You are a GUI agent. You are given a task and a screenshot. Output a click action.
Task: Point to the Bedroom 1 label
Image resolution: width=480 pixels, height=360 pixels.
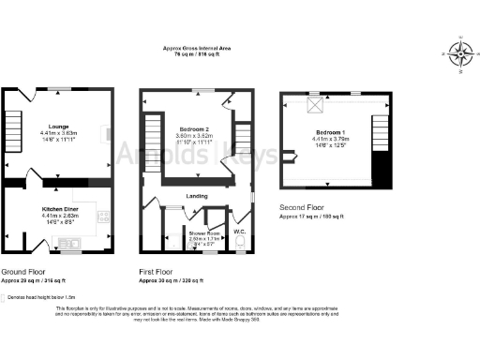[x=328, y=132]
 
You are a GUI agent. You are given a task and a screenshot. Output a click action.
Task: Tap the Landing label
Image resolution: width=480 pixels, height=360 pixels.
[x=198, y=196]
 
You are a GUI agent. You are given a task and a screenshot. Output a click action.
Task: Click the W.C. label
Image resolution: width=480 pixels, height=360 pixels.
[x=239, y=231]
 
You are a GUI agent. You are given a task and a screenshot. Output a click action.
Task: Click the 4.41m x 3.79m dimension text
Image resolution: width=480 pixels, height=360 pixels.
[x=328, y=139]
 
